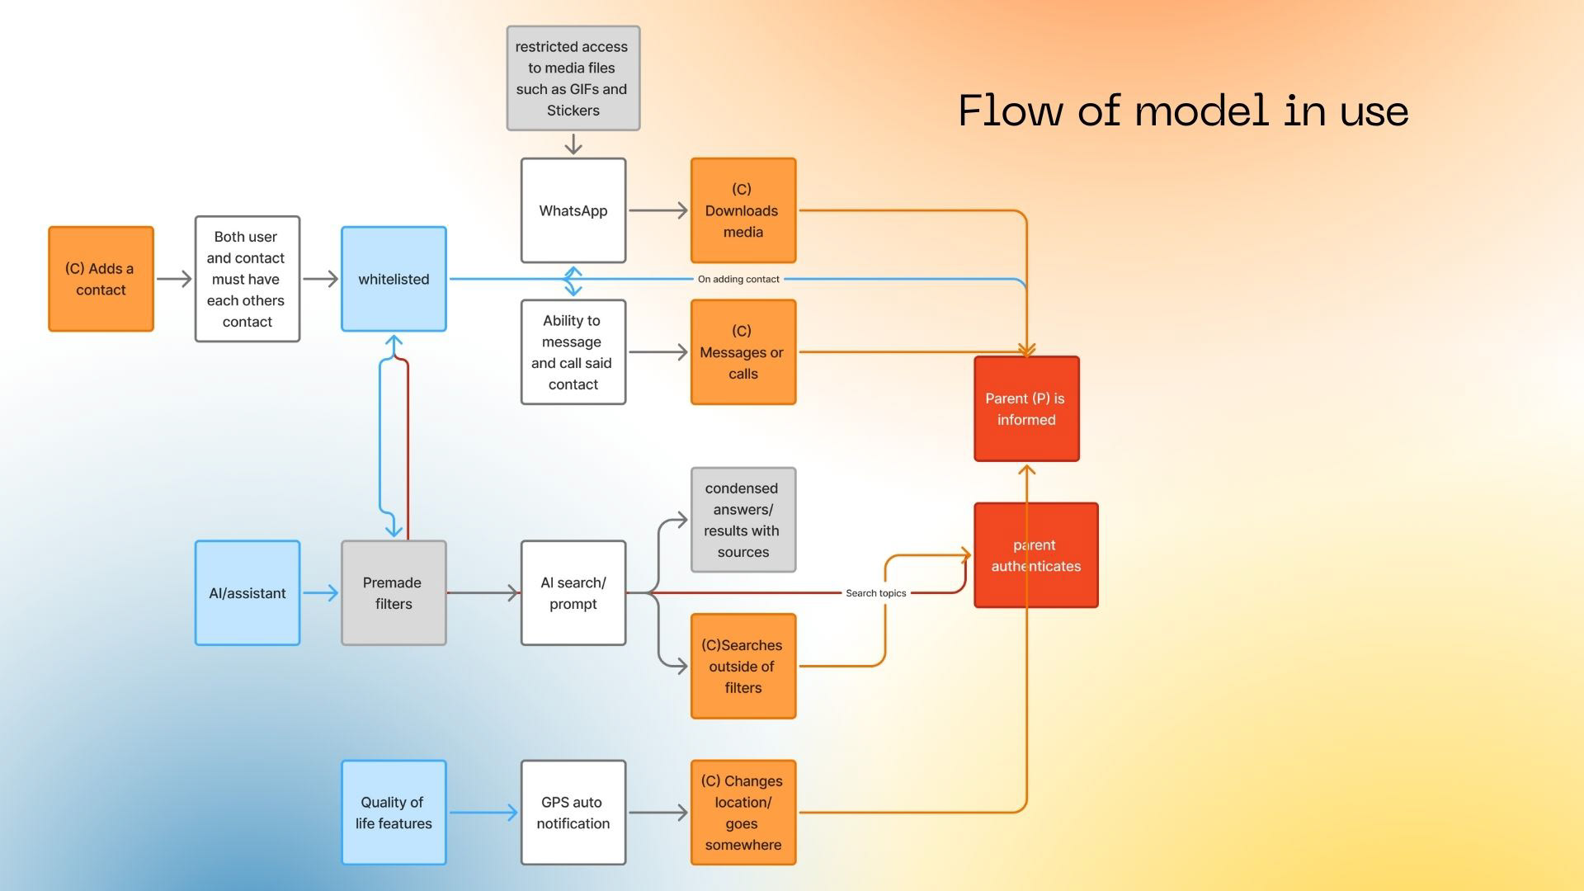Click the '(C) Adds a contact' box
(x=101, y=279)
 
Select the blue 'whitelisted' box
(x=394, y=279)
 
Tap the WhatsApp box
(x=573, y=210)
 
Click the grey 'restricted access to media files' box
(x=573, y=78)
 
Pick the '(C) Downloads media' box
(x=742, y=210)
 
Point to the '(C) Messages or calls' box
(x=742, y=352)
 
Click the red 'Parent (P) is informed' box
(x=1026, y=409)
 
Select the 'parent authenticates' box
(x=1036, y=555)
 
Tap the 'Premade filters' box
(x=394, y=593)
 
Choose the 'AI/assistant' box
(x=247, y=593)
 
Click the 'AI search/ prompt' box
(x=573, y=593)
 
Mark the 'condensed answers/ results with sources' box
(x=742, y=520)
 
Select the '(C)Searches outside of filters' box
(x=742, y=666)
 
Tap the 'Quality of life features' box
(x=394, y=813)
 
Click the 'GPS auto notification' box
(x=573, y=813)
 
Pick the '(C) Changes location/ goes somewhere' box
(x=742, y=813)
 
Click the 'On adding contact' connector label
(x=738, y=279)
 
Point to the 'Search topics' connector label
(x=875, y=593)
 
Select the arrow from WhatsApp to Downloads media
(x=658, y=210)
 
